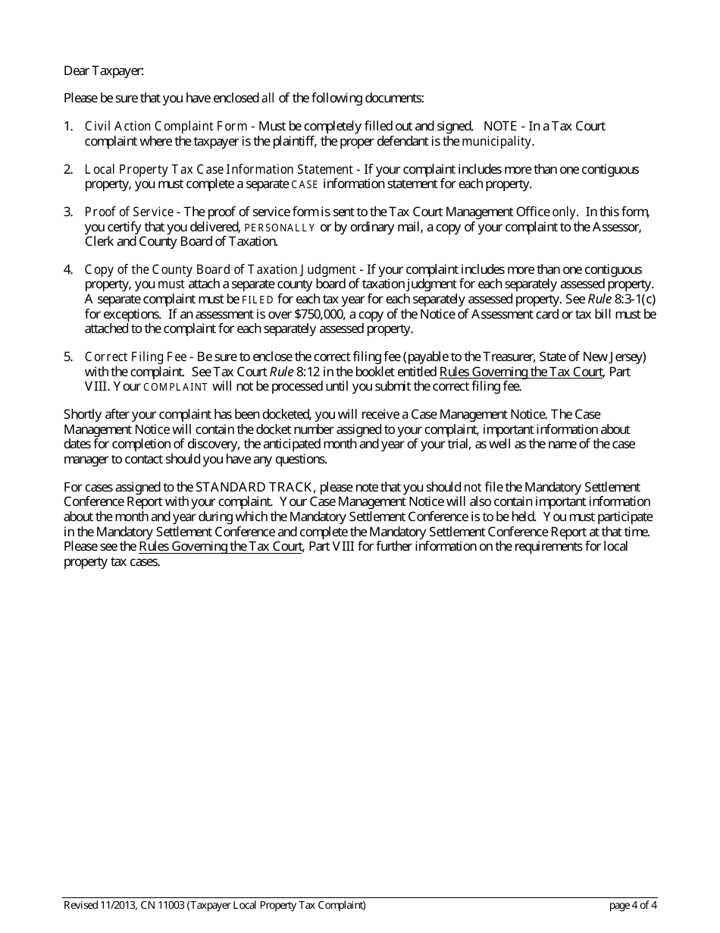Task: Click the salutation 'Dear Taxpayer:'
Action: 103,71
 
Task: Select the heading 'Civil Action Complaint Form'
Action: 165,126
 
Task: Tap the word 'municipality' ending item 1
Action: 497,141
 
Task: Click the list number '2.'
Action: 68,169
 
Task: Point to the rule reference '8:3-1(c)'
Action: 635,299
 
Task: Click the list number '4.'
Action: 68,269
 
